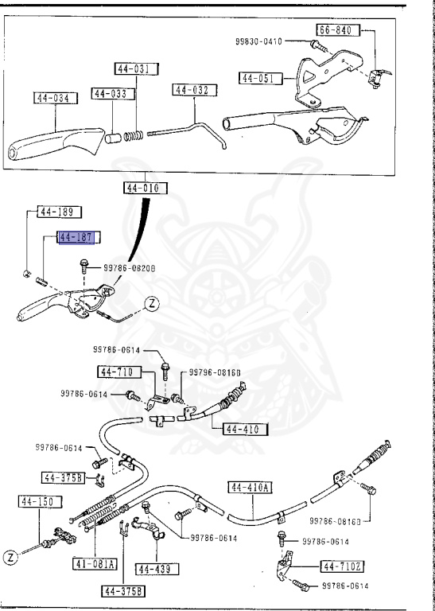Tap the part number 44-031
coord(131,70)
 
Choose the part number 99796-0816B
coord(214,372)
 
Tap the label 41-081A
coord(96,564)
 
